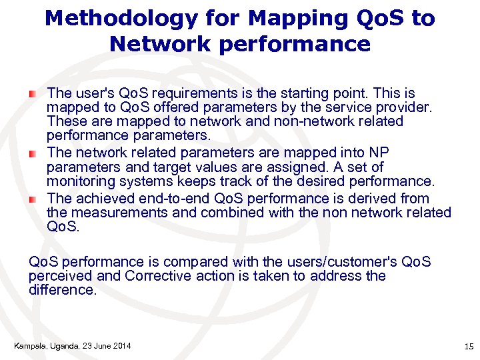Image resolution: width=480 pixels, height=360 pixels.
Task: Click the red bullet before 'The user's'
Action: tap(33, 93)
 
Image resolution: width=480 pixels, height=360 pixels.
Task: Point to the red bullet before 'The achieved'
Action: tap(33, 199)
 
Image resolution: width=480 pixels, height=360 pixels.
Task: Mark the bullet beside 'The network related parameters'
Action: tap(33, 153)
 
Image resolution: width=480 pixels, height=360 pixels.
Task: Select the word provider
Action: tap(404, 107)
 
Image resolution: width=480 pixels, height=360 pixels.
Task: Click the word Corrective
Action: tap(158, 276)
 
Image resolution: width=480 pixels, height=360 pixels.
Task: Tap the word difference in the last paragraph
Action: tap(62, 290)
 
